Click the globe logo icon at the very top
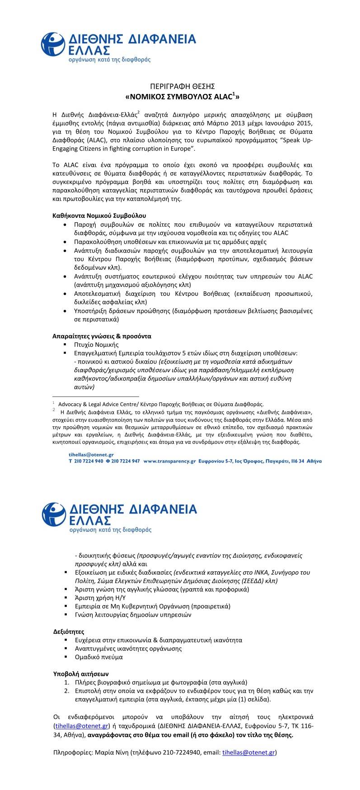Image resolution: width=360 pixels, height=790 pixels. click(x=53, y=45)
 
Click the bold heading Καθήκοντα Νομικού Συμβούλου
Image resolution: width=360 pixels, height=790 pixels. click(x=99, y=216)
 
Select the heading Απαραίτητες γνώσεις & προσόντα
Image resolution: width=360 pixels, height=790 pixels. click(x=102, y=336)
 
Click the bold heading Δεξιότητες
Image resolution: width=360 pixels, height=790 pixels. click(x=69, y=631)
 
